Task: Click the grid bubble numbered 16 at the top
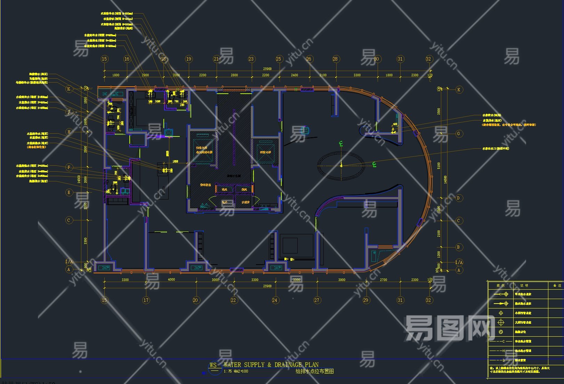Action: click(x=127, y=59)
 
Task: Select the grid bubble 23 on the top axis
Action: click(x=251, y=59)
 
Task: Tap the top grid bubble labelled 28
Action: click(x=335, y=59)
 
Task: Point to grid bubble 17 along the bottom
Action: click(x=146, y=300)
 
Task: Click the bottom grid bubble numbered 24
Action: click(x=275, y=300)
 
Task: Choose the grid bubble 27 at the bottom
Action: click(x=317, y=300)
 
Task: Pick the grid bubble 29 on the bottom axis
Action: click(x=366, y=300)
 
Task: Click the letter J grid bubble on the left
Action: click(x=69, y=112)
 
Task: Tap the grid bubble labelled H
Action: click(x=69, y=132)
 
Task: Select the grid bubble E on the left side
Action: click(x=69, y=192)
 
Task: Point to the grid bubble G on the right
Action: click(x=458, y=133)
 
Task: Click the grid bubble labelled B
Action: click(x=458, y=247)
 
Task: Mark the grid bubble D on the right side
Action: click(x=458, y=198)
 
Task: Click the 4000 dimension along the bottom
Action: click(x=171, y=280)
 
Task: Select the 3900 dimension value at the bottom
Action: click(x=342, y=280)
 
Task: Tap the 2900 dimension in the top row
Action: click(x=145, y=75)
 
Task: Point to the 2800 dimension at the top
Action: click(x=234, y=75)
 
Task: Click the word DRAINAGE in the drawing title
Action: click(x=288, y=365)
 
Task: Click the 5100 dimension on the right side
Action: click(x=439, y=166)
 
